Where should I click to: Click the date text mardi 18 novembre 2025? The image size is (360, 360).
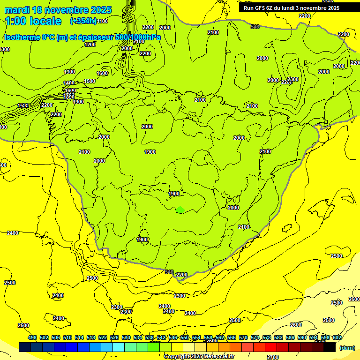(x=58, y=10)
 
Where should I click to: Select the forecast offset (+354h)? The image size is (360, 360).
(x=83, y=21)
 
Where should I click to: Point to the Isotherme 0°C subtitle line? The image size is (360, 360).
(x=82, y=37)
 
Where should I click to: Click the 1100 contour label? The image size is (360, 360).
(x=103, y=21)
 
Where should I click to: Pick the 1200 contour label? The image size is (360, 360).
(x=90, y=45)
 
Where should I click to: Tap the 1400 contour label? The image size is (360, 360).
(x=69, y=83)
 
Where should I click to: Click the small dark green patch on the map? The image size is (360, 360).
(x=180, y=210)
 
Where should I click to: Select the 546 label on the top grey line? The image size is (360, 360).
(x=255, y=27)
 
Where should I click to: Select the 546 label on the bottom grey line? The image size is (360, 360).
(x=169, y=272)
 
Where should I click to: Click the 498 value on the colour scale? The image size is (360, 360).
(x=32, y=337)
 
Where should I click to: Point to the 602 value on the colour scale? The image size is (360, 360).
(x=337, y=337)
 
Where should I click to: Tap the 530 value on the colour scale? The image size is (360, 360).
(x=126, y=337)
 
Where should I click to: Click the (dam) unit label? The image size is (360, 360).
(x=346, y=347)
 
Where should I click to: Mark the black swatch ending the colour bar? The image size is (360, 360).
(x=330, y=347)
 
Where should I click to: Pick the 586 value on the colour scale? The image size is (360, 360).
(x=290, y=337)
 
